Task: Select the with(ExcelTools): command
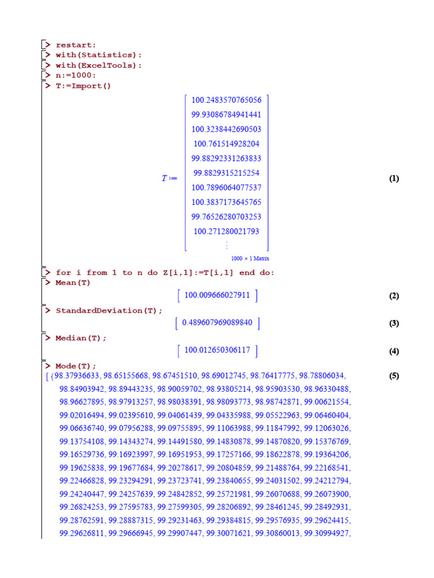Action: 98,65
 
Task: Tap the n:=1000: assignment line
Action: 76,76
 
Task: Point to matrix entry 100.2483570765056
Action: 226,100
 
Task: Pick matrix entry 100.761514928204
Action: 226,144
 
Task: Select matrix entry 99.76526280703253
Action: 226,217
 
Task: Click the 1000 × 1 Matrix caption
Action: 250,258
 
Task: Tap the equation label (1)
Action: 394,179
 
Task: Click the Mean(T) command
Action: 73,282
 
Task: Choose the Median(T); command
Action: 81,338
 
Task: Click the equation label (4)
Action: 394,352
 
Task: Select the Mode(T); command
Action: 76,366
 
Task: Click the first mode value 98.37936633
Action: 77,376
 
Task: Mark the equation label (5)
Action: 394,376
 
